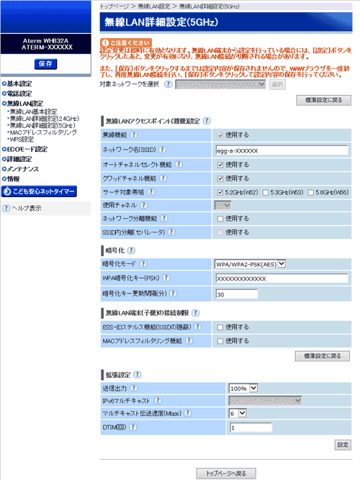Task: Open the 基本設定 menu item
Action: pos(19,83)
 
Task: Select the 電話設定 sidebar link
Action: pos(19,94)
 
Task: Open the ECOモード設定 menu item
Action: pos(27,149)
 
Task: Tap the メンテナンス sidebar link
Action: pos(24,168)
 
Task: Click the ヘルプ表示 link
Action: pos(26,209)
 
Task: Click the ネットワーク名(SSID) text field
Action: pos(281,150)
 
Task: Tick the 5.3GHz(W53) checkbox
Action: pos(266,192)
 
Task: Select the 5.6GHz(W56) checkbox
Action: pos(310,192)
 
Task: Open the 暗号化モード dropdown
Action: pos(250,264)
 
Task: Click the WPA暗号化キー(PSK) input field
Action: pos(281,279)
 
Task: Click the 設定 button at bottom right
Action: pos(343,445)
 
